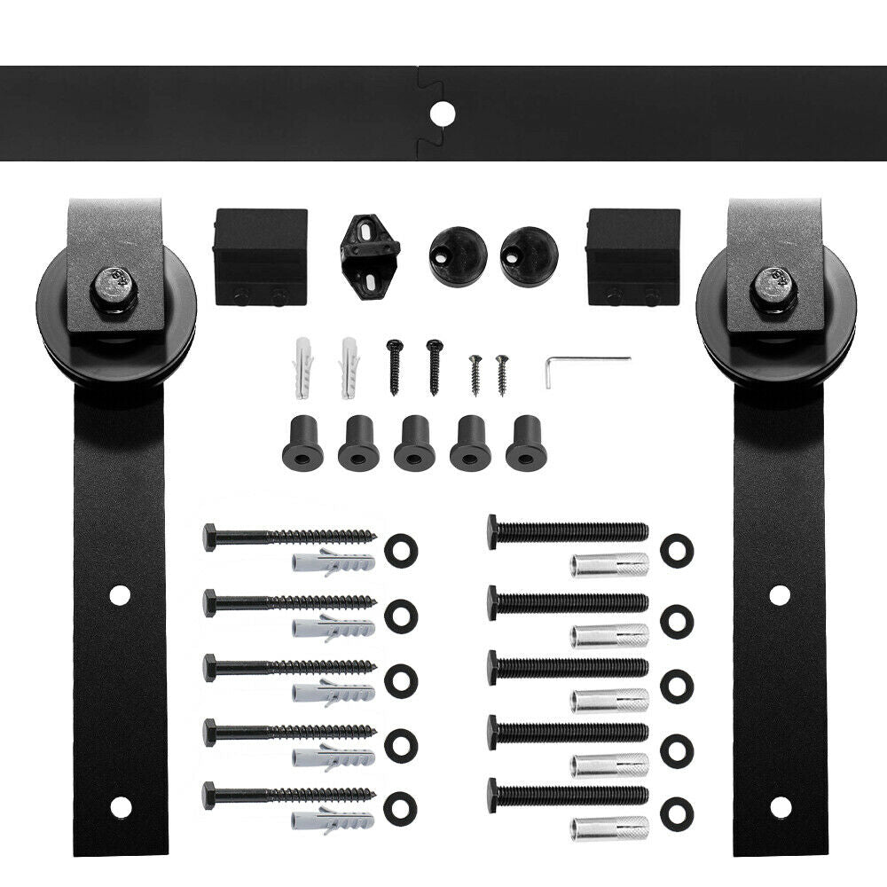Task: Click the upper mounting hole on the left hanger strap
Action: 119,595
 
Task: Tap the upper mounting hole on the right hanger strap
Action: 779,595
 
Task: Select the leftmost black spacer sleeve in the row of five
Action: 302,443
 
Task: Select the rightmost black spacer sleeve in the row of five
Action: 526,443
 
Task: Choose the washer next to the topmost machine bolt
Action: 677,549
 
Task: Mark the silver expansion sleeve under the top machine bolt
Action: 609,564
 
